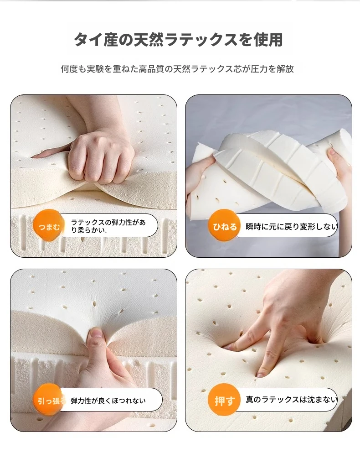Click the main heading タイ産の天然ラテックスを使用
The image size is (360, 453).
pyautogui.click(x=179, y=40)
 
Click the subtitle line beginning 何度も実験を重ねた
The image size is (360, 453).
pyautogui.click(x=177, y=69)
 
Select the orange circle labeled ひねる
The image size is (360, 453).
pyautogui.click(x=225, y=226)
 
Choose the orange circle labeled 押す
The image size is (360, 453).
pyautogui.click(x=224, y=400)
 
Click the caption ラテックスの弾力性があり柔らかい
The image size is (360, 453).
pyautogui.click(x=108, y=226)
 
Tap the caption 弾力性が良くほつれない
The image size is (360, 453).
pyautogui.click(x=108, y=401)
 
